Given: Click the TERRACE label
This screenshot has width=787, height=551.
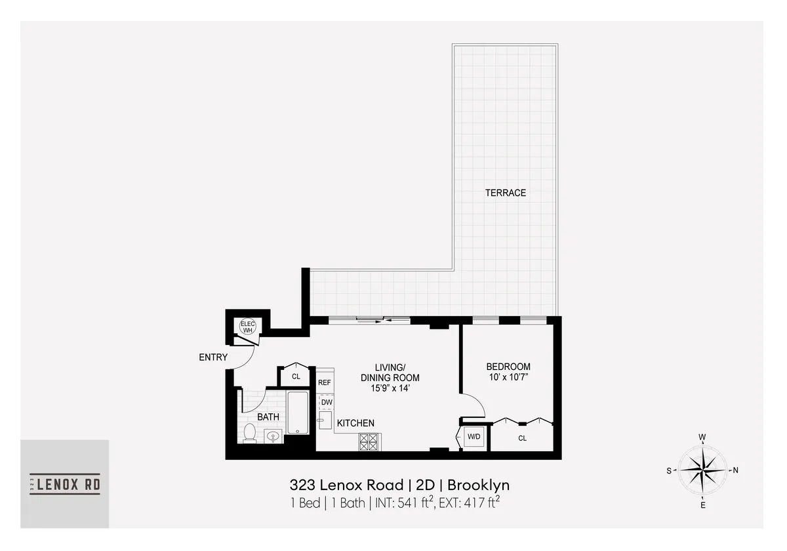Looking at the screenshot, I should [505, 193].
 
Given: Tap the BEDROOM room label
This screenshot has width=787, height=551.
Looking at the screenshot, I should [508, 367].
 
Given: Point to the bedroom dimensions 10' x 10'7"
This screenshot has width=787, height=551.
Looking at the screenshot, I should [508, 377].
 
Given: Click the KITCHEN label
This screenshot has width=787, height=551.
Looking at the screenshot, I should [355, 423].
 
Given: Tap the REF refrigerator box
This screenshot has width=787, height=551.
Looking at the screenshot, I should [324, 382].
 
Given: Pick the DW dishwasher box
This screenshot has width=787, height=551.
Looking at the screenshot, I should [326, 402].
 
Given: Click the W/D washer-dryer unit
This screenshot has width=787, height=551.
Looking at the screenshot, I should [474, 437].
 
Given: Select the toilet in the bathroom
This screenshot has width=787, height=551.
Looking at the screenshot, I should [249, 433].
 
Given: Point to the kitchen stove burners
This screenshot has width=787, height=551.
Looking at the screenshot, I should [368, 441].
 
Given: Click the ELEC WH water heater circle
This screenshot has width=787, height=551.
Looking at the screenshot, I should [247, 327].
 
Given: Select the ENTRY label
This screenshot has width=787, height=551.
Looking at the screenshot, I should [213, 357].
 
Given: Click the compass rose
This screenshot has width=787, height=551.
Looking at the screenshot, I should [702, 470].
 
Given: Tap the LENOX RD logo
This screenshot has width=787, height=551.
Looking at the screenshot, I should [65, 484].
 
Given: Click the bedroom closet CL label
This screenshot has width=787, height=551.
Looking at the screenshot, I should [522, 438].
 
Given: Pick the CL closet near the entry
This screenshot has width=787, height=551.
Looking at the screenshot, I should [296, 377].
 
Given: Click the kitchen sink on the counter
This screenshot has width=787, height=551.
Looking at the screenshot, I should [323, 420].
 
